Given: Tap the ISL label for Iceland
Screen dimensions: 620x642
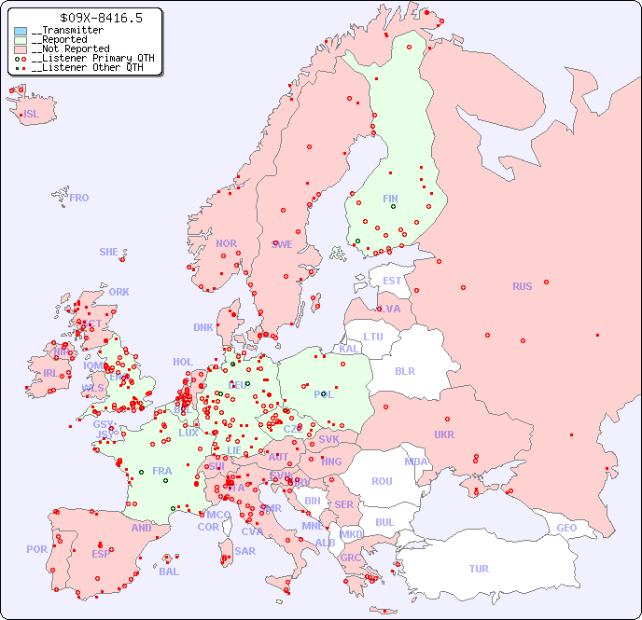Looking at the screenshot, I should pyautogui.click(x=32, y=115).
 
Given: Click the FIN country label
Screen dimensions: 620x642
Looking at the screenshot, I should pyautogui.click(x=390, y=199).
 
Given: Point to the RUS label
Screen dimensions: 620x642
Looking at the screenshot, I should pyautogui.click(x=522, y=286).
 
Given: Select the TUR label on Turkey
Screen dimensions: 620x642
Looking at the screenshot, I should pyautogui.click(x=479, y=569).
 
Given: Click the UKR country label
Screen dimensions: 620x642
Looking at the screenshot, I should pyautogui.click(x=444, y=434).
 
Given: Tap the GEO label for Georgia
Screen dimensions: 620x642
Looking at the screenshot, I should pyautogui.click(x=566, y=528).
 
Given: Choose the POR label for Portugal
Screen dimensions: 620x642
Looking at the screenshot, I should pyautogui.click(x=36, y=549).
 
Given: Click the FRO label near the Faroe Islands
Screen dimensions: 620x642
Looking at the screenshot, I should pyautogui.click(x=79, y=198).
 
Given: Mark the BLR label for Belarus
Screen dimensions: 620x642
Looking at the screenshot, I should pyautogui.click(x=404, y=370).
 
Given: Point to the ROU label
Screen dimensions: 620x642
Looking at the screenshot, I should pyautogui.click(x=382, y=481).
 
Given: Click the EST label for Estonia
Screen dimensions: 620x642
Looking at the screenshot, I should pyautogui.click(x=392, y=281).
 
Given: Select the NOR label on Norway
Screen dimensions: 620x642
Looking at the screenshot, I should pyautogui.click(x=226, y=243).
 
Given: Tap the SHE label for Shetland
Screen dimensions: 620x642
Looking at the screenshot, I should pyautogui.click(x=109, y=252).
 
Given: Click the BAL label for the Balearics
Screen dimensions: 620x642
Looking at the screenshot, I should pyautogui.click(x=169, y=572).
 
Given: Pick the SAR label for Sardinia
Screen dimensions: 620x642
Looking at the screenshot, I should pyautogui.click(x=244, y=550).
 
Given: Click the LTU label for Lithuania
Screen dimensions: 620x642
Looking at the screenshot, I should pyautogui.click(x=373, y=337).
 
